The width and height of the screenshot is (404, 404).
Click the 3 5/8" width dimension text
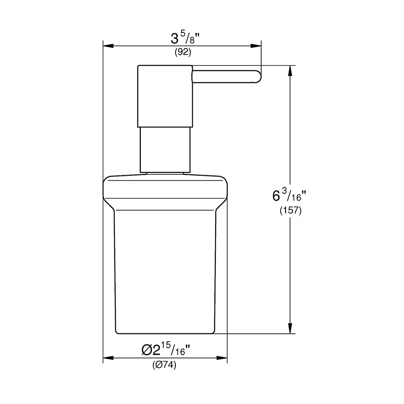(185, 38)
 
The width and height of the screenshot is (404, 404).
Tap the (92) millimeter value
(183, 52)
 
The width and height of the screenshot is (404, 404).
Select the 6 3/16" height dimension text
(289, 195)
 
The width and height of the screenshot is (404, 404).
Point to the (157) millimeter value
(291, 210)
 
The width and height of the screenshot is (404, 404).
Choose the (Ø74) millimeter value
(165, 365)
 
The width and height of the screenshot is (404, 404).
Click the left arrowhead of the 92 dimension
(108, 46)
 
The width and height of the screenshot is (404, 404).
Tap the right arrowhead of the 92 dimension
(256, 46)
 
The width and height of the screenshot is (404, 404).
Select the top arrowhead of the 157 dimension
(290, 71)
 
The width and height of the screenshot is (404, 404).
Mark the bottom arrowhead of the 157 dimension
(290, 328)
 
